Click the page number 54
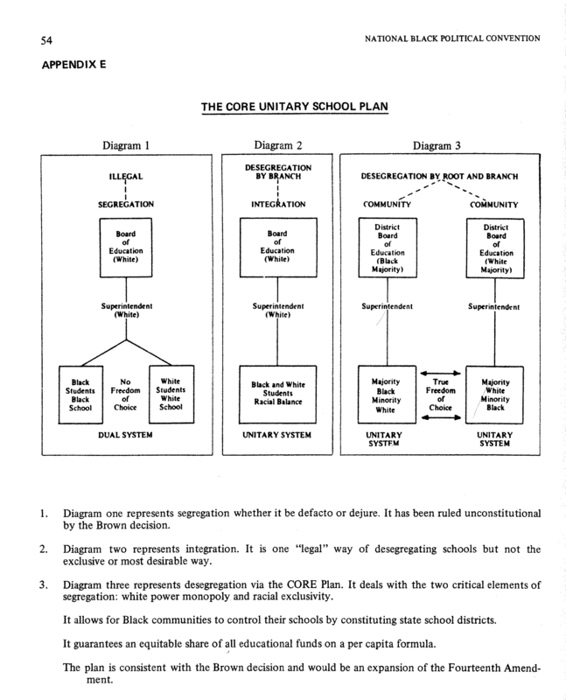(x=46, y=40)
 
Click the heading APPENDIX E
(x=74, y=65)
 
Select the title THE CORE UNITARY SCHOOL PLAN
(x=295, y=107)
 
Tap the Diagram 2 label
(x=278, y=145)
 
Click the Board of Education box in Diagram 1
(x=126, y=248)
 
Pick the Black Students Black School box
(x=80, y=395)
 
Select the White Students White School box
(x=171, y=395)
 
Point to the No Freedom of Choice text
(x=125, y=395)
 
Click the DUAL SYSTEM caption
(x=125, y=435)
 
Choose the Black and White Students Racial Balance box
(x=277, y=395)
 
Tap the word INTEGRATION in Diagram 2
(x=278, y=205)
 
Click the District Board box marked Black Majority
(x=388, y=248)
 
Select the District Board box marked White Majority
(x=495, y=248)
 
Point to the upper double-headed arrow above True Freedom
(x=441, y=374)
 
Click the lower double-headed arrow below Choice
(x=441, y=417)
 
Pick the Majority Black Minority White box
(x=387, y=395)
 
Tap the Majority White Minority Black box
(x=494, y=395)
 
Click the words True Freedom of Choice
(x=441, y=395)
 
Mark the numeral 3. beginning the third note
(x=43, y=584)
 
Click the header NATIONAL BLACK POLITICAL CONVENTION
(x=452, y=38)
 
